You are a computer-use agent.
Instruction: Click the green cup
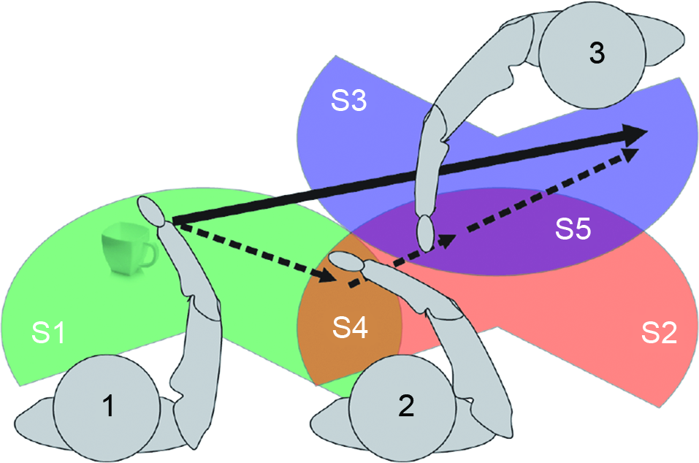click(128, 250)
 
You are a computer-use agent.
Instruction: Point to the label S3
click(348, 102)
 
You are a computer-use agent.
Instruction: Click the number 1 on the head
click(108, 406)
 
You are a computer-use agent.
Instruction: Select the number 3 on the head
click(596, 53)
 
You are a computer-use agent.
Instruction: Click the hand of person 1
click(152, 211)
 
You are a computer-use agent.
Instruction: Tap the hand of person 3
click(424, 232)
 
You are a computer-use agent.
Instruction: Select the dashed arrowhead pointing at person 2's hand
click(326, 275)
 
